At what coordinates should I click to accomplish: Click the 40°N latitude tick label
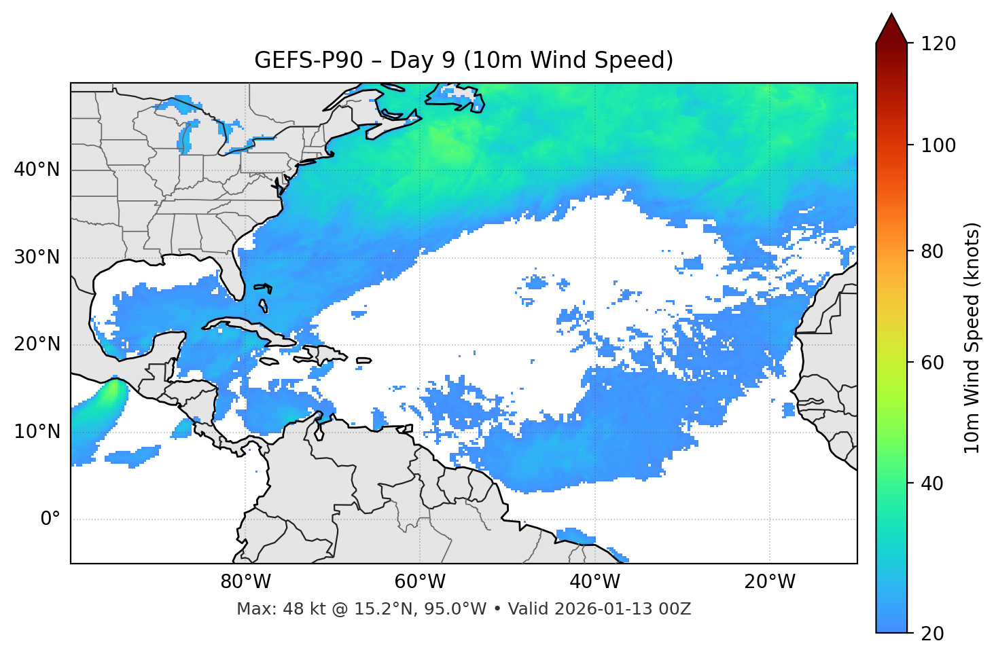pyautogui.click(x=37, y=170)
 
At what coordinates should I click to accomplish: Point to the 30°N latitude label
pyautogui.click(x=37, y=257)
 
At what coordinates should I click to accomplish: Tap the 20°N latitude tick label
pyautogui.click(x=37, y=344)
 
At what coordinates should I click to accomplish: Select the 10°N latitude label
pyautogui.click(x=37, y=432)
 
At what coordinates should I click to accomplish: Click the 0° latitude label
pyautogui.click(x=50, y=519)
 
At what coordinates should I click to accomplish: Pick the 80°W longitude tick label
pyautogui.click(x=245, y=582)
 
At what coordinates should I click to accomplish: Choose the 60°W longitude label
pyautogui.click(x=420, y=582)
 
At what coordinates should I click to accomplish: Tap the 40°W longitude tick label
pyautogui.click(x=594, y=582)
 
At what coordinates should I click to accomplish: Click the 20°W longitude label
pyautogui.click(x=769, y=582)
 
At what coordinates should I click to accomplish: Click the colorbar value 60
pyautogui.click(x=931, y=363)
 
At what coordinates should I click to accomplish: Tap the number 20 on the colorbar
pyautogui.click(x=931, y=634)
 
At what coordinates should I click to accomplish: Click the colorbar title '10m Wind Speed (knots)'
pyautogui.click(x=972, y=337)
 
